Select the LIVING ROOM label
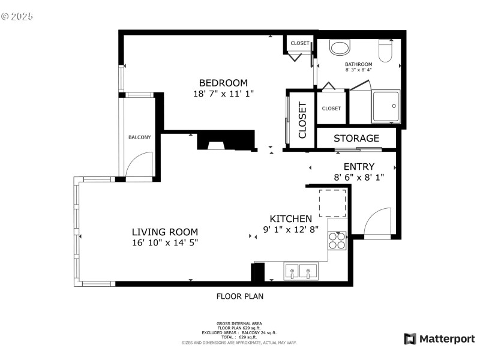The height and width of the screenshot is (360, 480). click(165, 232)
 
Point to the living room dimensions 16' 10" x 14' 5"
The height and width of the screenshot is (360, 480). click(165, 242)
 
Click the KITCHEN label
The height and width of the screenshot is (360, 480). click(290, 219)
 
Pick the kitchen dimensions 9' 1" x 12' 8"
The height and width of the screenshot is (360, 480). click(290, 229)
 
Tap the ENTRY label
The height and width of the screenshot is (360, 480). click(359, 167)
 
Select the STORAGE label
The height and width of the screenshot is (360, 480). click(356, 139)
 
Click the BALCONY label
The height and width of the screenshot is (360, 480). click(140, 137)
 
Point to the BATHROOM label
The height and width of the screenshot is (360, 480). click(358, 64)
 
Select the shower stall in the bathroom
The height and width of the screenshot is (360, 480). click(386, 106)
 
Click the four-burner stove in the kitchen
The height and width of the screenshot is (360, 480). click(337, 241)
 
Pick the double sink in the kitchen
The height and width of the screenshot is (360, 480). click(301, 272)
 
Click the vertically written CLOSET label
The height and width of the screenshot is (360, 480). click(302, 120)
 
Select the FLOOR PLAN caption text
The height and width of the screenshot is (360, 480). click(239, 296)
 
